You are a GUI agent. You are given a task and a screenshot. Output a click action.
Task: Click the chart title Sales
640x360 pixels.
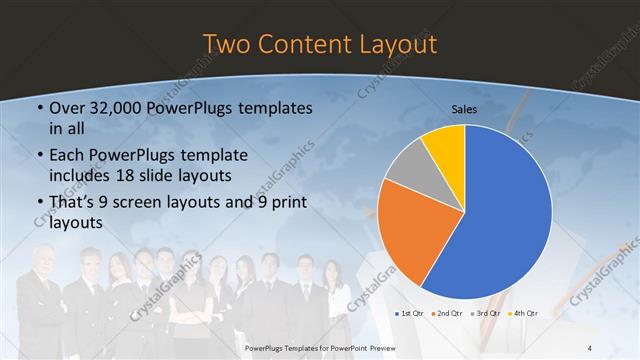point(464,107)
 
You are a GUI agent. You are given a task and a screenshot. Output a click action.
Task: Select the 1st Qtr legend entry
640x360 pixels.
point(409,313)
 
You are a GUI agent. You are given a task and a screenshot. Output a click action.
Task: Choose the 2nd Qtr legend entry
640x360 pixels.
point(447,313)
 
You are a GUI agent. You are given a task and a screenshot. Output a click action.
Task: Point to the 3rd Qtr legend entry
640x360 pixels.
point(486,313)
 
